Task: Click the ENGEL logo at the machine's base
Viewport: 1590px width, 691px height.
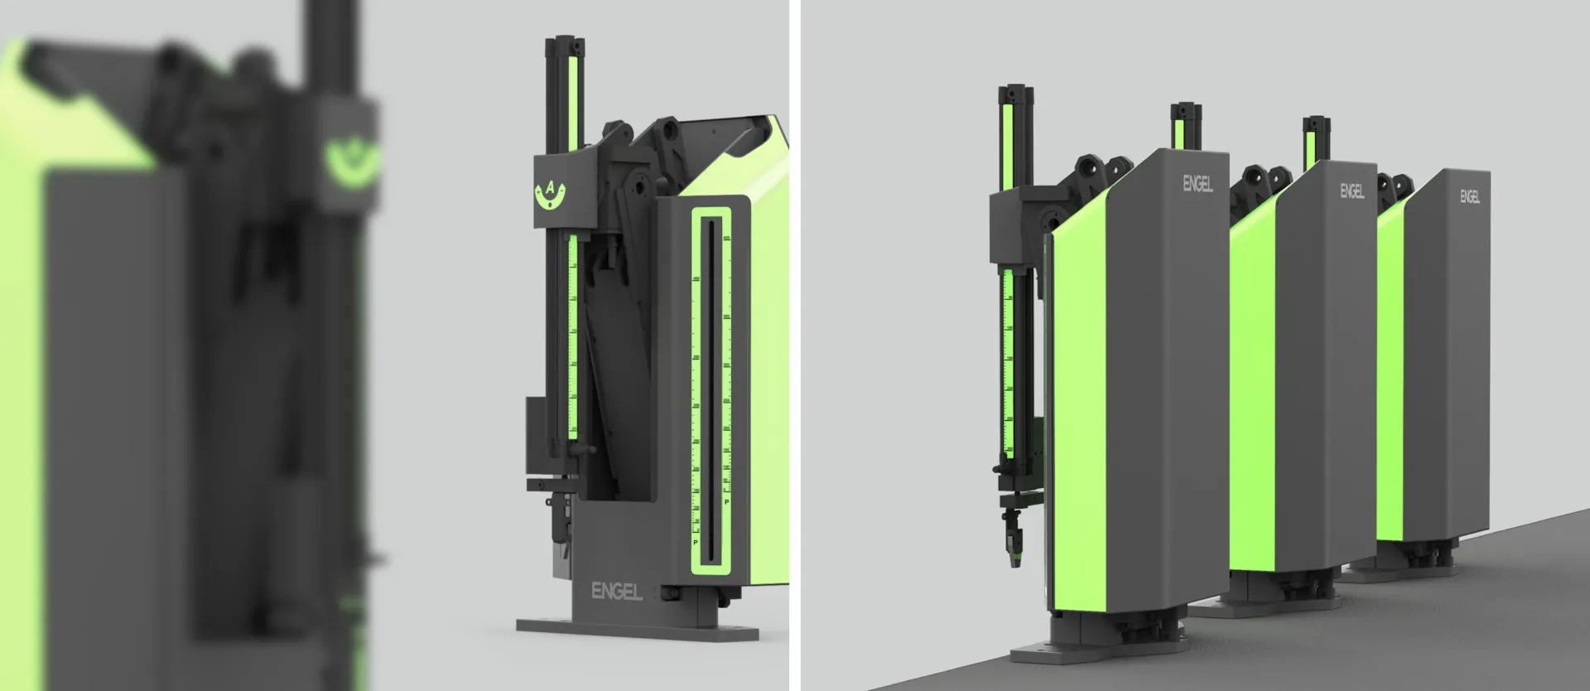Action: coord(616,592)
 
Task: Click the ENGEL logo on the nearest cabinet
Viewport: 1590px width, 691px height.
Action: coord(1197,182)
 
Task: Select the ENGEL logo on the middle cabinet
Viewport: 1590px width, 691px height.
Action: coord(1351,191)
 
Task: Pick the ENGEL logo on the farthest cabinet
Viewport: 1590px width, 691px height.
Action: coord(1470,197)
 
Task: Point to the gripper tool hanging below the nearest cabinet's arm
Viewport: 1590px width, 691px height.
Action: coord(1012,539)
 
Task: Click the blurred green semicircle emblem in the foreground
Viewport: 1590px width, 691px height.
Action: coord(350,162)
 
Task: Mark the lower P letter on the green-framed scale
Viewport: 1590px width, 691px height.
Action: coord(696,543)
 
